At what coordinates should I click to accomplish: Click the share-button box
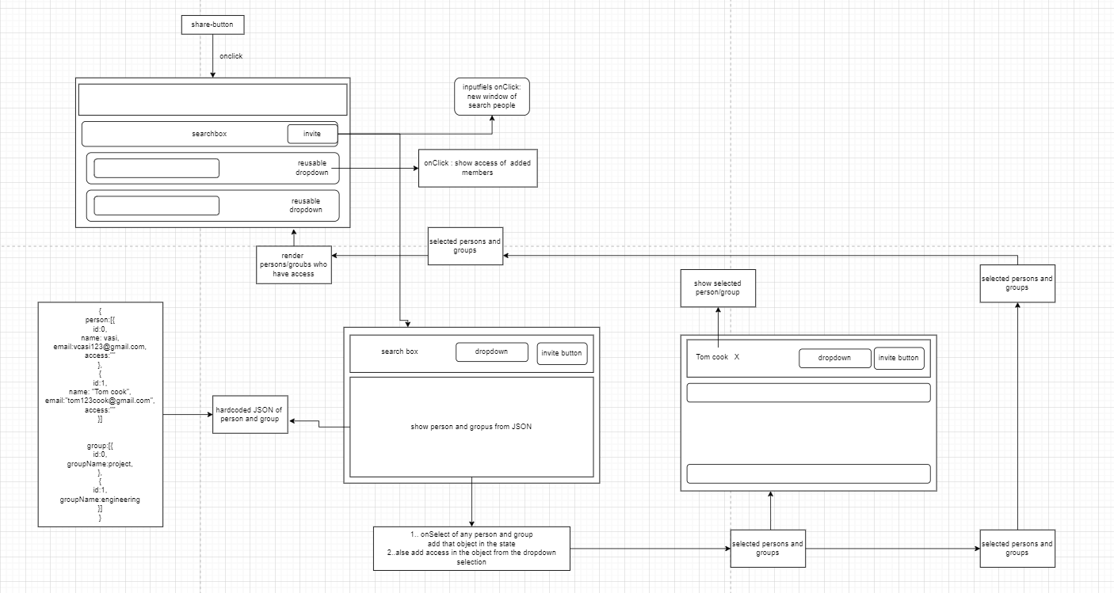[212, 25]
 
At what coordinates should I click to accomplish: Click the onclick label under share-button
[231, 57]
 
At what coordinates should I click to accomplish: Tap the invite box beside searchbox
[312, 134]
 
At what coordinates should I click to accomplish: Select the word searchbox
[209, 134]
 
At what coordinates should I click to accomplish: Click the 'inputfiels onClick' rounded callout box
[491, 97]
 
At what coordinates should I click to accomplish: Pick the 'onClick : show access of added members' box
[477, 168]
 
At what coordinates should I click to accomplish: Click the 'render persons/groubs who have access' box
[293, 264]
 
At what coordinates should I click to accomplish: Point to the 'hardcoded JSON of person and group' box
[249, 414]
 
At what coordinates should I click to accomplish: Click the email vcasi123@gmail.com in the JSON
[101, 347]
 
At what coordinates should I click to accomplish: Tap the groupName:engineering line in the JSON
[100, 500]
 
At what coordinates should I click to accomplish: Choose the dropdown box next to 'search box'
[491, 352]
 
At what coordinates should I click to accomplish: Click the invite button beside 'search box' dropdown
[562, 353]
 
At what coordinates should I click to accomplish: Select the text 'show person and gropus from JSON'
[471, 427]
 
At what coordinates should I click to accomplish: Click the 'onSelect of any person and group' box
[471, 548]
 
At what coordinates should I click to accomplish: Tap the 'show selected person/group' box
[718, 288]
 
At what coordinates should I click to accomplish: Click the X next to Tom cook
[737, 357]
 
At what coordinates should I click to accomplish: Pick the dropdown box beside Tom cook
[834, 358]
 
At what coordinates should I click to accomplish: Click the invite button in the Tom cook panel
[898, 358]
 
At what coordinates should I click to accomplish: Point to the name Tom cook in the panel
[712, 357]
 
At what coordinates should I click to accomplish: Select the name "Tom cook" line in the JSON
[100, 392]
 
